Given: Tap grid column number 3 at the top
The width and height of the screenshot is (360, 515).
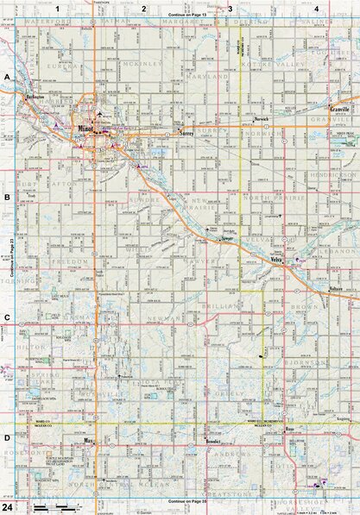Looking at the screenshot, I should tap(229, 7).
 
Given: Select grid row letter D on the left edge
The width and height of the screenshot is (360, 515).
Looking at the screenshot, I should tap(7, 438).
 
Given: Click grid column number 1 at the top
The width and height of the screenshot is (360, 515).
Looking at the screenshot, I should tap(58, 7).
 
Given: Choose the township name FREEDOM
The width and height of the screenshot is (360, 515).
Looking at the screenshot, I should tap(71, 261).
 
